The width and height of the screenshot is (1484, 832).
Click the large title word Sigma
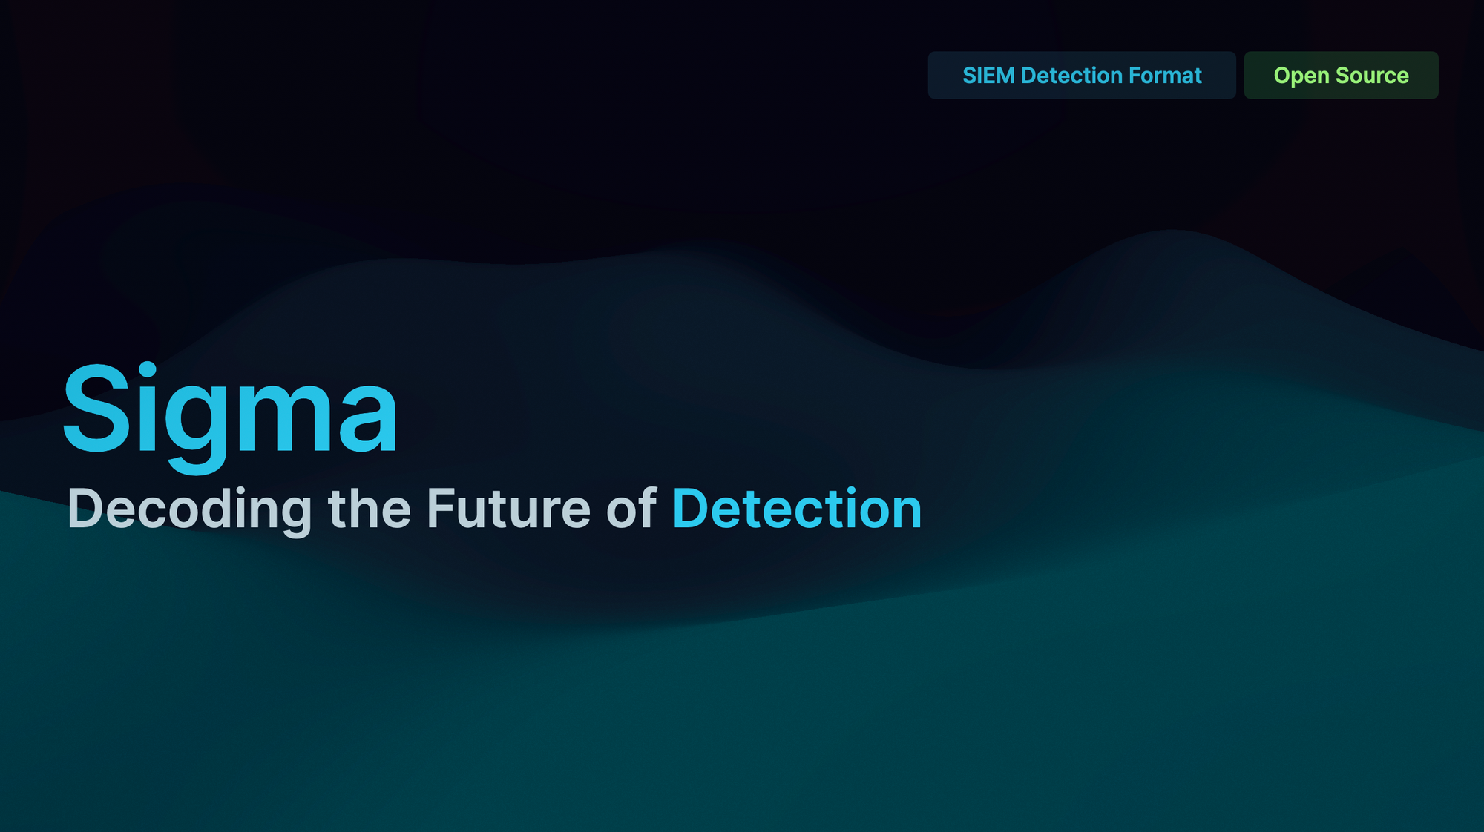coord(230,412)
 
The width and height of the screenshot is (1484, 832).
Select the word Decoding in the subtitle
coord(189,509)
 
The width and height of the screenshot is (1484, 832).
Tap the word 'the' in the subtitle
coord(369,509)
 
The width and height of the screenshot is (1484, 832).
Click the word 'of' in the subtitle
coord(631,509)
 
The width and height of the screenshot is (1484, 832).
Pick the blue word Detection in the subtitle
coord(796,509)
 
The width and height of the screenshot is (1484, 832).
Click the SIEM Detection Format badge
coord(1081,75)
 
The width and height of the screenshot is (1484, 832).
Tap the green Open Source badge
coord(1341,75)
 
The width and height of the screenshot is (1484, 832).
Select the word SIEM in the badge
coord(988,76)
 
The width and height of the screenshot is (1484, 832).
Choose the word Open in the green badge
coord(1301,76)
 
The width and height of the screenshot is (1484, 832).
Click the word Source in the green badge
coord(1372,76)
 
